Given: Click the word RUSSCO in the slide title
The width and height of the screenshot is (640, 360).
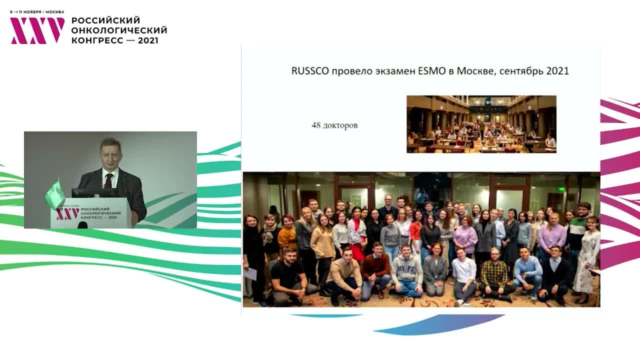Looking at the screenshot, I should click(x=310, y=71).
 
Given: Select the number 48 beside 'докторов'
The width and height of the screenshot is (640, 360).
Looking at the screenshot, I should click(x=316, y=125).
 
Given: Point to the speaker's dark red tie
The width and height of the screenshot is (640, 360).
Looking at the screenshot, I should click(x=108, y=180).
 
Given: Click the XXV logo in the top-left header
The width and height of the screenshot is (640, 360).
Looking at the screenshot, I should click(x=37, y=30).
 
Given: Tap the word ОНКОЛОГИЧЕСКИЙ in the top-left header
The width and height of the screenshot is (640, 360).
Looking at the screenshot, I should click(x=119, y=30).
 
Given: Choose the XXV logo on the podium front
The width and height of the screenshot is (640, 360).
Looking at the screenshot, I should click(x=67, y=214).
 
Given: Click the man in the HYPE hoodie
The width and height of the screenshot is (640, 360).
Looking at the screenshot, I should click(x=406, y=272).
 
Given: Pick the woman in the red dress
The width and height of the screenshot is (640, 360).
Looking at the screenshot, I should click(x=357, y=235).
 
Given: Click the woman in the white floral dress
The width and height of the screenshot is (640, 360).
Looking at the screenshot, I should click(x=588, y=255).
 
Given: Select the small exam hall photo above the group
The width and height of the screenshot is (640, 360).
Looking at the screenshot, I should click(x=481, y=124).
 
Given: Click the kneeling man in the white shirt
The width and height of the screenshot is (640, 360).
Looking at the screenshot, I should click(x=464, y=272).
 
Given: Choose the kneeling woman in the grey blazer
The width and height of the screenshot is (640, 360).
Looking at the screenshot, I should click(x=435, y=270).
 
